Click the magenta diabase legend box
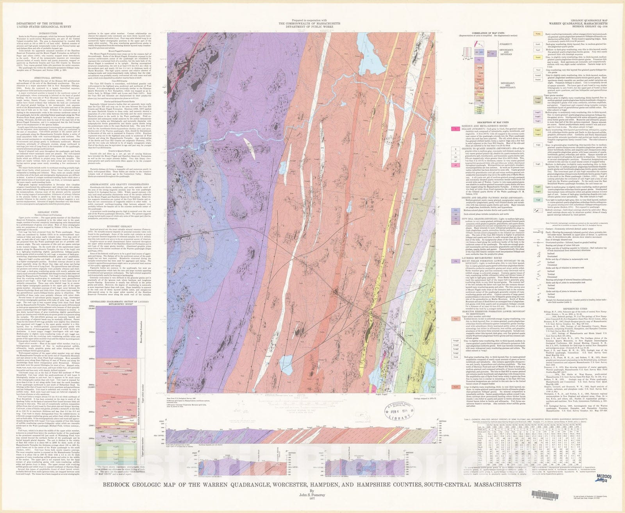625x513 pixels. tap(455, 128)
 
